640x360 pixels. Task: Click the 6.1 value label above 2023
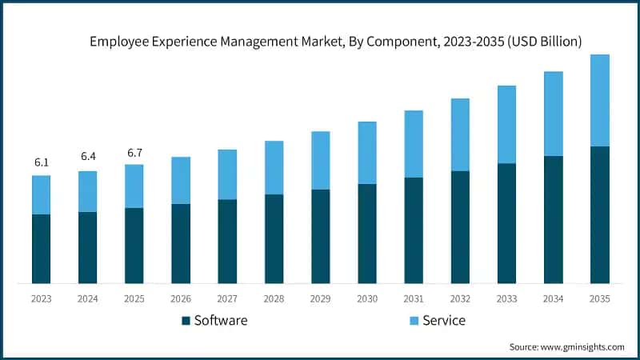pos(41,162)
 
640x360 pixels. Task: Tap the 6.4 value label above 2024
pos(87,157)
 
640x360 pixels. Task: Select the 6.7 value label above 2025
pos(134,152)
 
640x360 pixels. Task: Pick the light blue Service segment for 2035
pos(599,100)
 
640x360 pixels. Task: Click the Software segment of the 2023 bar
pos(41,249)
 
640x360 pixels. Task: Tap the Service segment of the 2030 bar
pos(367,153)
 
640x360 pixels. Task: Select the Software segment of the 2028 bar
pos(274,238)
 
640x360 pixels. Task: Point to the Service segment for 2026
pos(181,180)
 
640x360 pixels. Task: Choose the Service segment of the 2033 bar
pos(506,124)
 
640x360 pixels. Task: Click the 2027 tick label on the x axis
pos(227,298)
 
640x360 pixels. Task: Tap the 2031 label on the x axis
pos(414,298)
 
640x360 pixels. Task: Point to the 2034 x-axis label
pos(553,298)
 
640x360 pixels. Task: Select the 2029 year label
pos(320,298)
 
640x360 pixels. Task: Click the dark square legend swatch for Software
pos(186,321)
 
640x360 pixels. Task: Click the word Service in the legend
pos(444,321)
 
